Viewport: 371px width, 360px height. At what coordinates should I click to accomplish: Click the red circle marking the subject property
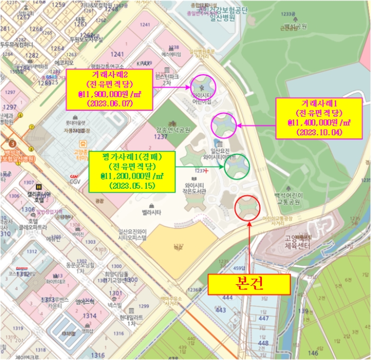click(247, 208)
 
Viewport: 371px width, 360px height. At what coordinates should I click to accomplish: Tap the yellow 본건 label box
click(249, 284)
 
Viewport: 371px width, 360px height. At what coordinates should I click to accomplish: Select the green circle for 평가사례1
click(236, 167)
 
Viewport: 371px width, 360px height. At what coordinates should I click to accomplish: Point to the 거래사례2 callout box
click(109, 89)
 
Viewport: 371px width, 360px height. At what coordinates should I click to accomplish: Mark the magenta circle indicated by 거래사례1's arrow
click(224, 126)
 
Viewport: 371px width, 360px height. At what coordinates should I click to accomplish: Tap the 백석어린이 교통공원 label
click(287, 198)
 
